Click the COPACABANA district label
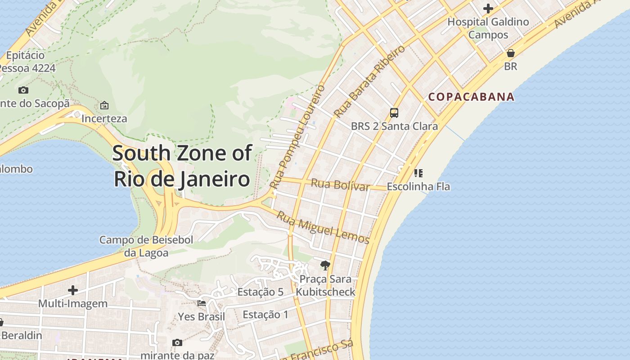471,97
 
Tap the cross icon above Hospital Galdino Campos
488,9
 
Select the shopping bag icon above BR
510,53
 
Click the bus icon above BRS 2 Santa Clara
394,113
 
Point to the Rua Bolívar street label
340,184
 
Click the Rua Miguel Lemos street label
323,228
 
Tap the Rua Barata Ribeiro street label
370,81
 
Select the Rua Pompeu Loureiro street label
297,136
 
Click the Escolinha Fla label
418,186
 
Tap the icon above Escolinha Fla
418,173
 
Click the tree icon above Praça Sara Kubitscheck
325,265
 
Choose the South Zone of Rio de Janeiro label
182,166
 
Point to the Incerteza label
104,119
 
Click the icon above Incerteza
104,105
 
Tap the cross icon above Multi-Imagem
72,290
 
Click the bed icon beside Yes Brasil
202,303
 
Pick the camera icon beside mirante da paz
177,342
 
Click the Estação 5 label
260,292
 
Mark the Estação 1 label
265,315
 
